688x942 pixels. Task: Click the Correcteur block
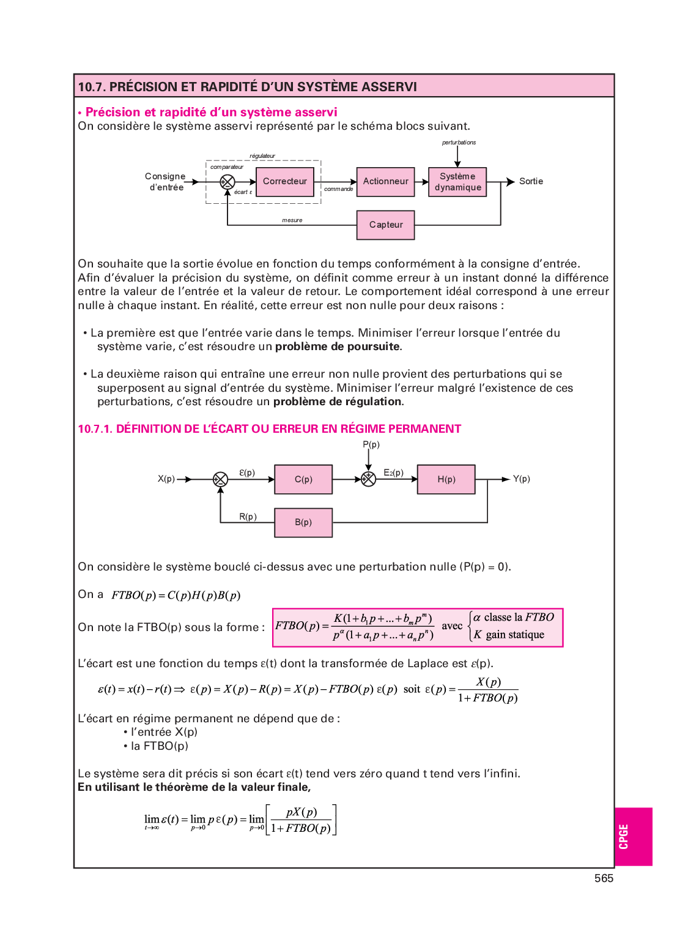tap(285, 182)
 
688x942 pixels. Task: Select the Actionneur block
tap(385, 182)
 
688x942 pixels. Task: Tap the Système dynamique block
tap(457, 182)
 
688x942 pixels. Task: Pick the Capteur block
tap(385, 225)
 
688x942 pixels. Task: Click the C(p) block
tap(303, 479)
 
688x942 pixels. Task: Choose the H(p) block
tap(446, 479)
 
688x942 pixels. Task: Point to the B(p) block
tap(303, 523)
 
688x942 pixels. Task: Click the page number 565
tap(604, 878)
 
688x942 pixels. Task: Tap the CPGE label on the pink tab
tap(624, 837)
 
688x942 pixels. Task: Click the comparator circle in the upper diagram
tap(227, 182)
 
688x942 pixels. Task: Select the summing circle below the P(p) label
tap(368, 479)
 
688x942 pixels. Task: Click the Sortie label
tap(531, 182)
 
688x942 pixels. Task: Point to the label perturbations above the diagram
tap(459, 143)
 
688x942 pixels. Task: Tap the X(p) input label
tap(166, 479)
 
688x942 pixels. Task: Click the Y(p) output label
tap(521, 479)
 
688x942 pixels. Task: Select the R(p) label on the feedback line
tap(248, 517)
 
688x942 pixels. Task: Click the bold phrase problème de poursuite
tap(338, 346)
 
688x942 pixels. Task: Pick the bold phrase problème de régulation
tap(337, 402)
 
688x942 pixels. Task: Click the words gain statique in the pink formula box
tap(514, 635)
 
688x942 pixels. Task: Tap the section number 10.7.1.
tap(95, 429)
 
